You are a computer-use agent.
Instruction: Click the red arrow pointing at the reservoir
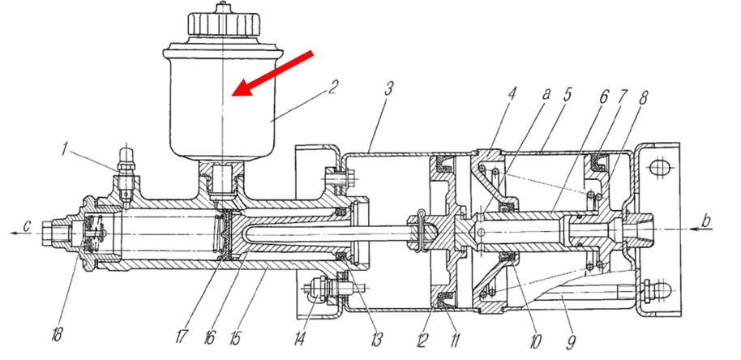coord(272,73)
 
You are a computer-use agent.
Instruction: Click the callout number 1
coord(65,149)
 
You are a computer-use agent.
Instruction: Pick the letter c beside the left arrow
coord(27,227)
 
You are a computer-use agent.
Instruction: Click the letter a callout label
coord(546,94)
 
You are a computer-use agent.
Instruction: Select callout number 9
coord(572,341)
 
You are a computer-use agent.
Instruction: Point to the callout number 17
coord(181,336)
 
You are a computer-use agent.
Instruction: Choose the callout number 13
coord(376,338)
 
